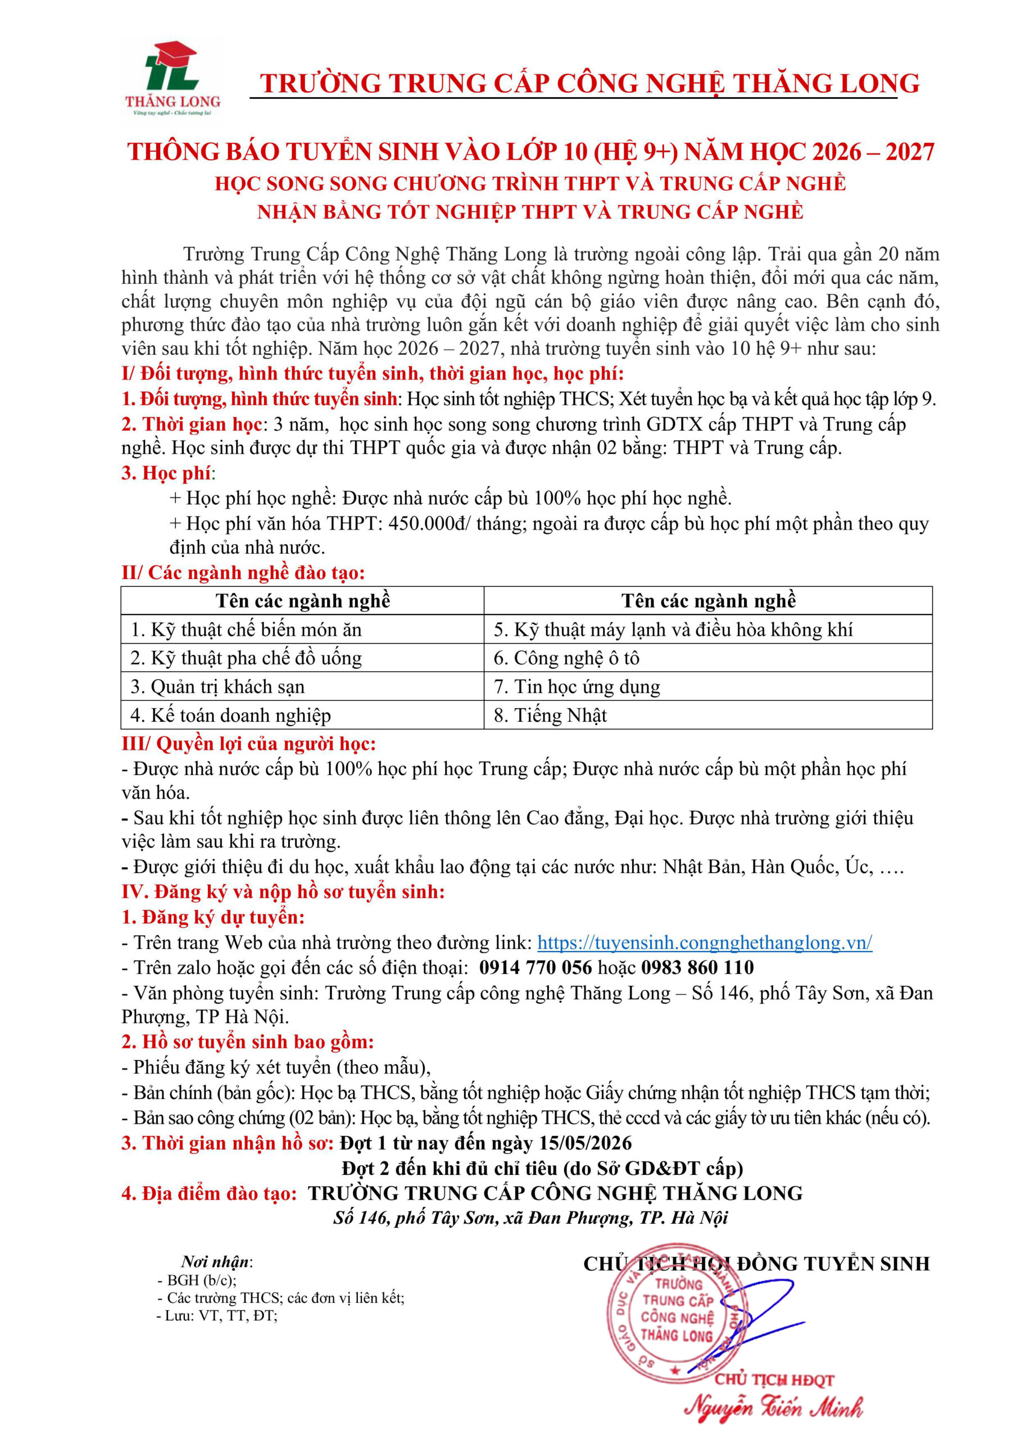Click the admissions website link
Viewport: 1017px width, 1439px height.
tap(705, 942)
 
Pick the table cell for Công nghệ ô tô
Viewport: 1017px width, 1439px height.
tap(707, 658)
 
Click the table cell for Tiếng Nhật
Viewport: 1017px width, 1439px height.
tap(707, 714)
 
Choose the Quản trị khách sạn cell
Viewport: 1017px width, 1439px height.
tap(302, 686)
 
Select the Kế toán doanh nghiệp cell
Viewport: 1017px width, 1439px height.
tap(302, 714)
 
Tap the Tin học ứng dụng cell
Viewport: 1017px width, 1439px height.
tap(707, 686)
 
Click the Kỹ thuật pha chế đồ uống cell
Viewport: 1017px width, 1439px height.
tap(302, 658)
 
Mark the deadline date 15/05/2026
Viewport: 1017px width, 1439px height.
tap(585, 1143)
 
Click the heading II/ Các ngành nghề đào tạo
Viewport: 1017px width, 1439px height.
tap(243, 572)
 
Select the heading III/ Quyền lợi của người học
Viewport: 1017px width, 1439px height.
tap(249, 743)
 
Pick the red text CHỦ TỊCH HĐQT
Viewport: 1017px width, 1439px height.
tap(774, 1380)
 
